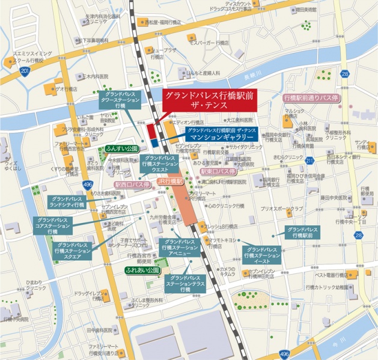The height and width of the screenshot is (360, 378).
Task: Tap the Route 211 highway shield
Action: click(309, 160)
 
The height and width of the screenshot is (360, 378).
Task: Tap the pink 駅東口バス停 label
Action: click(219, 171)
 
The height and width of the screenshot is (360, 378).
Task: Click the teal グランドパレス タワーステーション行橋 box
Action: click(120, 100)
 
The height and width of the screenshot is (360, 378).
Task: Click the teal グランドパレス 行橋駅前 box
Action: click(303, 233)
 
